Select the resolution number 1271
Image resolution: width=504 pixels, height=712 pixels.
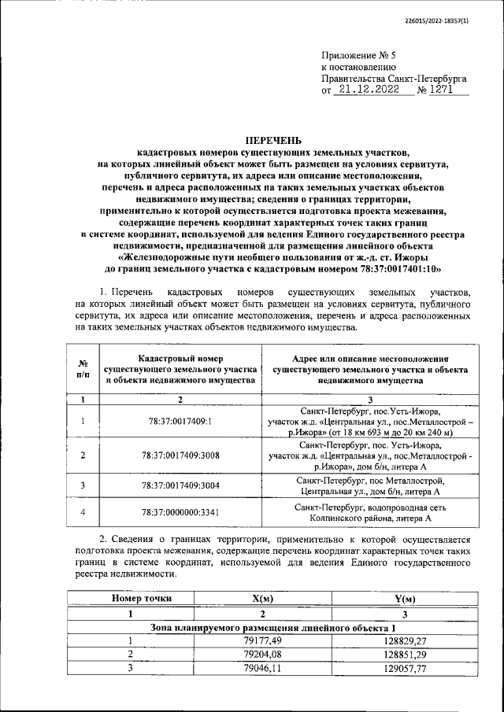click(447, 90)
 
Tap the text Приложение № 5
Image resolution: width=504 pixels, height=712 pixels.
click(355, 54)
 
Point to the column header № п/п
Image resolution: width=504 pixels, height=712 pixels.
click(83, 369)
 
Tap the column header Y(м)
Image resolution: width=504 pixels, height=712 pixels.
click(402, 599)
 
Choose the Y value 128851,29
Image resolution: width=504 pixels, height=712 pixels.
click(402, 655)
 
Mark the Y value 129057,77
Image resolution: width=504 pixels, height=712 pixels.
click(402, 669)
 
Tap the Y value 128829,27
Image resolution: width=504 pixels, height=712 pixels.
click(402, 640)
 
